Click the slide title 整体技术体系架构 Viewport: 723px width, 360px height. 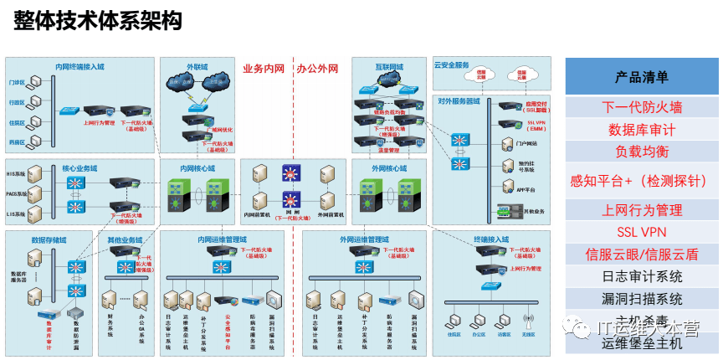pyautogui.click(x=97, y=22)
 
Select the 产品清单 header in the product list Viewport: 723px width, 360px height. pyautogui.click(x=642, y=77)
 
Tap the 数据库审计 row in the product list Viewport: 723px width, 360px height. pyautogui.click(x=642, y=130)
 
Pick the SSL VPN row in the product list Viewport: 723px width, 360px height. pyautogui.click(x=642, y=232)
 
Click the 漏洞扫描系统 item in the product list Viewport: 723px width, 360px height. pyautogui.click(x=642, y=298)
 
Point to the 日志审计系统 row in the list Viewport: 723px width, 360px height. pyautogui.click(x=642, y=276)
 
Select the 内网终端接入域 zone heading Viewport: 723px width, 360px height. pyautogui.click(x=79, y=66)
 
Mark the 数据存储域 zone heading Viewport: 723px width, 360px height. pyautogui.click(x=49, y=240)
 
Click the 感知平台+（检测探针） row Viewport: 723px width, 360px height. pyautogui.click(x=642, y=180)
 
